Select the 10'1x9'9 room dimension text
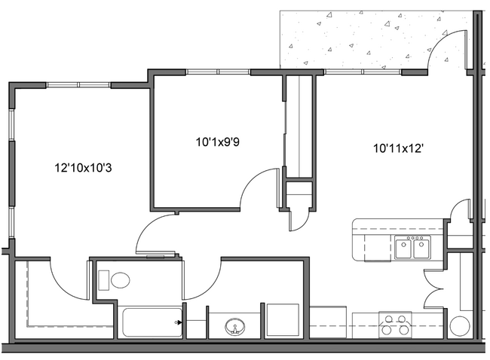point(217,140)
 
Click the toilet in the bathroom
point(119,281)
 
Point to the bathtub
point(150,323)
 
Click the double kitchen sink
point(412,247)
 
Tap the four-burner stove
point(395,325)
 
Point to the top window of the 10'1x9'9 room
point(219,72)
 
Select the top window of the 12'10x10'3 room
point(78,84)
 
